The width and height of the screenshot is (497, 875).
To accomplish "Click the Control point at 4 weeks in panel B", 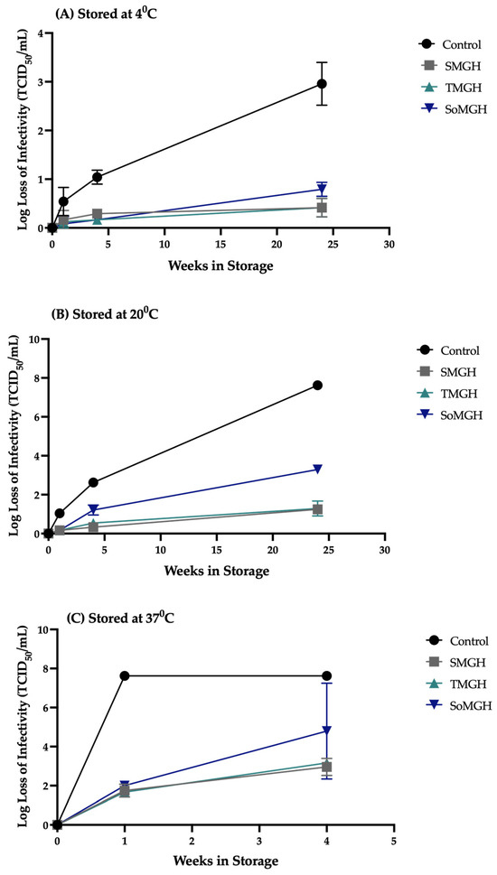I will pos(93,482).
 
